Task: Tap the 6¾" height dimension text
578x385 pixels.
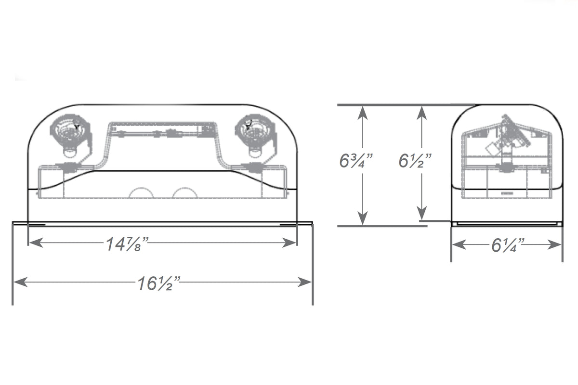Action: pos(357,161)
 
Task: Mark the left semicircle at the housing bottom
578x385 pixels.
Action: pos(142,192)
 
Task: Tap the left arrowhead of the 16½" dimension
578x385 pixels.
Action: pos(19,282)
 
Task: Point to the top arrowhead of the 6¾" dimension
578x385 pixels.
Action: pos(363,112)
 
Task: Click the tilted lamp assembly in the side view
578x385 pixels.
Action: pos(511,137)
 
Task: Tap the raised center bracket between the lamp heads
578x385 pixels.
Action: pos(161,131)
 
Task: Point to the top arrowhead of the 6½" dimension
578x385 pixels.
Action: pos(422,112)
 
